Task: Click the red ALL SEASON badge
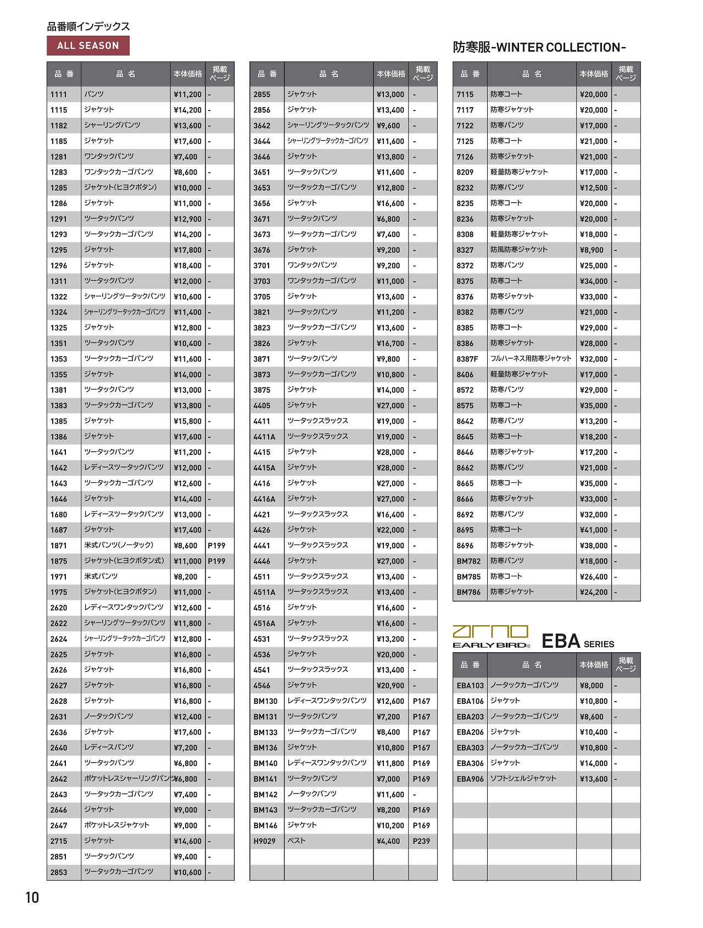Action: pos(88,46)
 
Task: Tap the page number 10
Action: pos(32,898)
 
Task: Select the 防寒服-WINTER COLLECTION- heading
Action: pos(539,47)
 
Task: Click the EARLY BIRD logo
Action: pos(491,637)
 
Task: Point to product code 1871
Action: pos(59,546)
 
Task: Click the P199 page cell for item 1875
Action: pos(217,561)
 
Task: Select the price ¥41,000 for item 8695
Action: pos(594,530)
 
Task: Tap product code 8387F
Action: pos(467,359)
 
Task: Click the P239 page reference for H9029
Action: pos(421,841)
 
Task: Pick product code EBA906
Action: pos(470,779)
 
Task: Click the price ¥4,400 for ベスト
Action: pos(388,841)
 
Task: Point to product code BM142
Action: pos(265,794)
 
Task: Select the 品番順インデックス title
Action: pos(88,26)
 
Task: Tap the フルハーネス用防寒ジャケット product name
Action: pos(531,359)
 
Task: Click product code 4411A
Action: pos(264,437)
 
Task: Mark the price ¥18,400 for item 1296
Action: pos(187,265)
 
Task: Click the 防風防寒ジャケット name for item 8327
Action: pos(518,249)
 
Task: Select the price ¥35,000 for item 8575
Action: pos(594,405)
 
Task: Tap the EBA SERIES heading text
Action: pos(578,642)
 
